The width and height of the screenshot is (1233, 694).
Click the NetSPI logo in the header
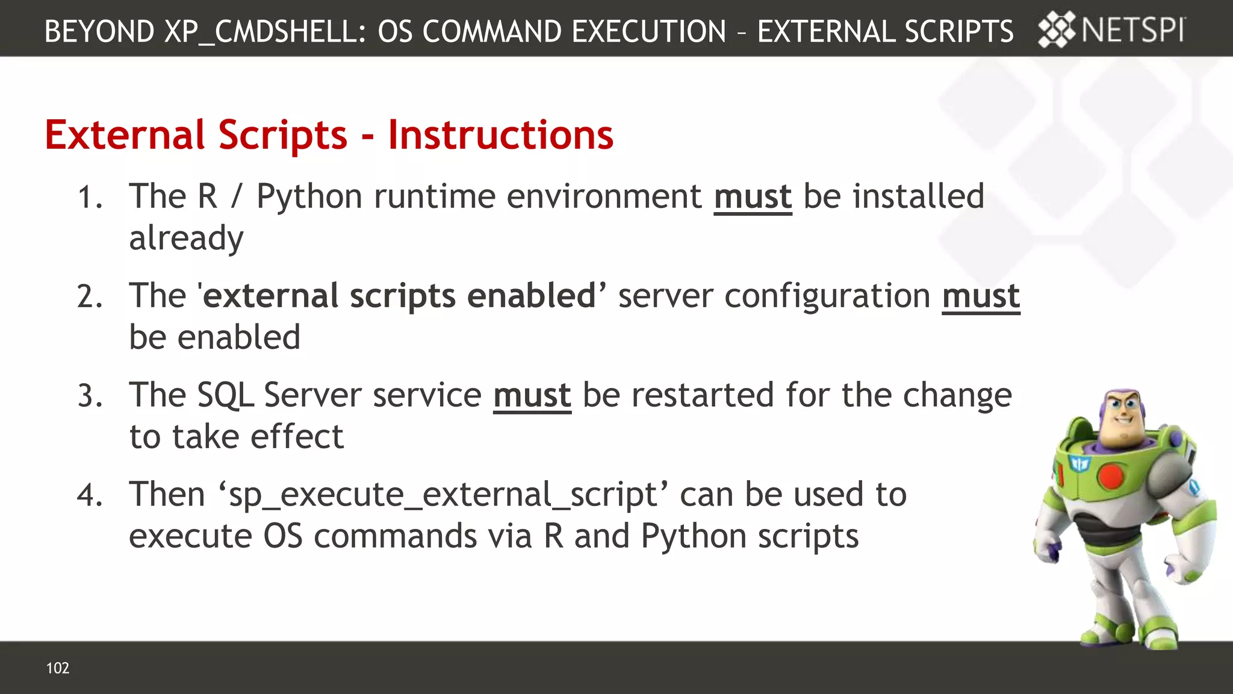[x=1111, y=30]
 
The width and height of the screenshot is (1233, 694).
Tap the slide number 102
[x=58, y=667]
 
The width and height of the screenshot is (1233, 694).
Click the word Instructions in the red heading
[x=500, y=135]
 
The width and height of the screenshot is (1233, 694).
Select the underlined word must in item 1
[x=753, y=197]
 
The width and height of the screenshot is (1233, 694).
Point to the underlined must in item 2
[x=981, y=296]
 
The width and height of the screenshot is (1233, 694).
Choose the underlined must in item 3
[x=532, y=396]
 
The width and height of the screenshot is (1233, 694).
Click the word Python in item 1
[x=309, y=197]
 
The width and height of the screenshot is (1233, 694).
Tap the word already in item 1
[x=186, y=239]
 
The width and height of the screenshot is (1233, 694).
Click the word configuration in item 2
[x=827, y=296]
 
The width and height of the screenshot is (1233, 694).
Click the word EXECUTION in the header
[x=649, y=31]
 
